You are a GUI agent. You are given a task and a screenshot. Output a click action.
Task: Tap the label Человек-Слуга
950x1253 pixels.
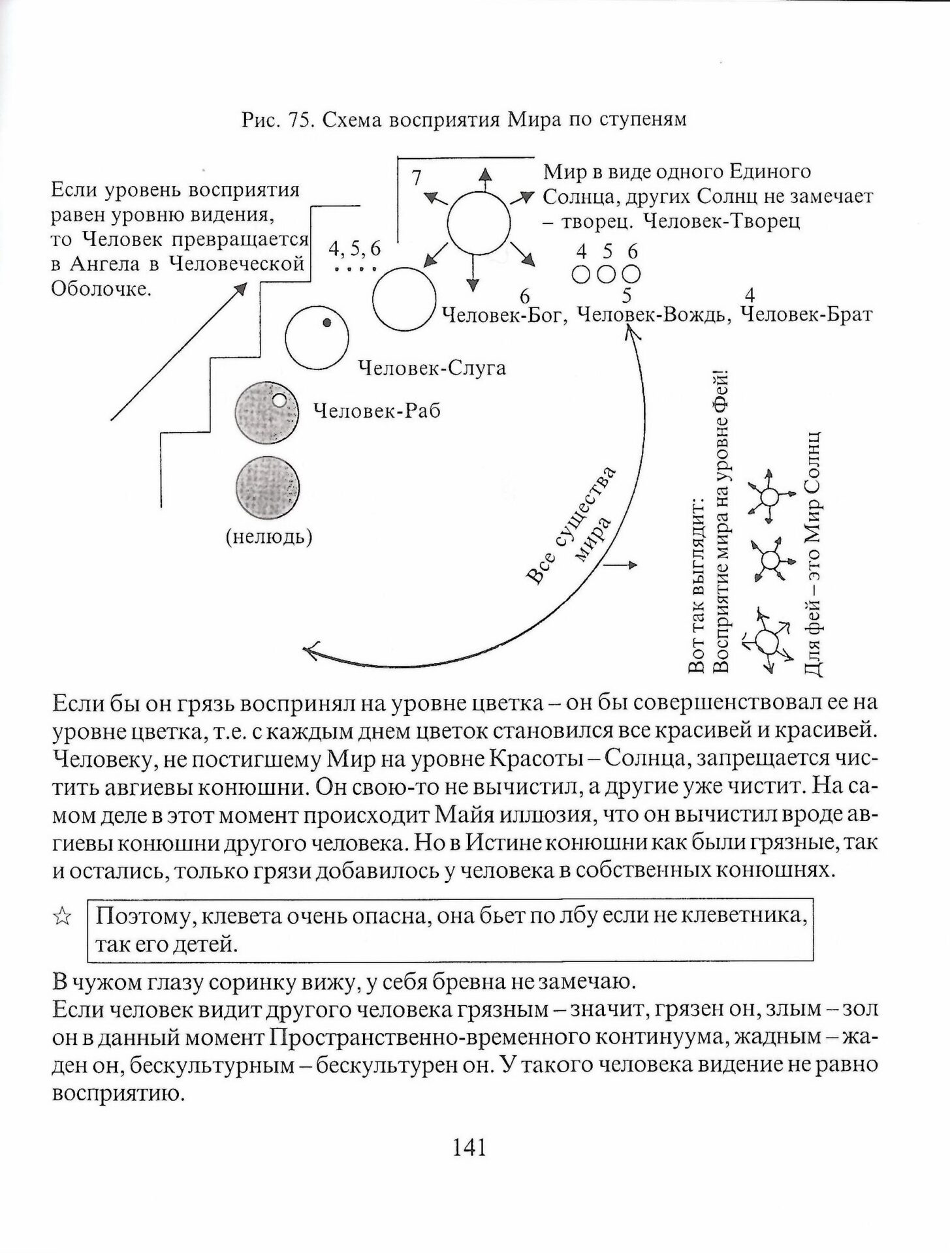pyautogui.click(x=432, y=368)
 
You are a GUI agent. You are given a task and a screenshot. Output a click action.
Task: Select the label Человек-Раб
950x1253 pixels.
pyautogui.click(x=377, y=410)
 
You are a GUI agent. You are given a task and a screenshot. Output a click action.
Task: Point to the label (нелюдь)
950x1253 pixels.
pyautogui.click(x=268, y=537)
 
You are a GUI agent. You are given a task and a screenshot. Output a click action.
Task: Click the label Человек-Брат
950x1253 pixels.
pyautogui.click(x=808, y=315)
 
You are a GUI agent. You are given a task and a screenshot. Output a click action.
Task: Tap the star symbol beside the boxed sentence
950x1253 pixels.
pyautogui.click(x=62, y=917)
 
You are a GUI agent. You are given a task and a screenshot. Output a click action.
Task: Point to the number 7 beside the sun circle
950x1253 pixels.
pyautogui.click(x=417, y=178)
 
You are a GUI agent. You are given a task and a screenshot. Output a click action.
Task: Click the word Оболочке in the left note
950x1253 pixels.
pyautogui.click(x=101, y=288)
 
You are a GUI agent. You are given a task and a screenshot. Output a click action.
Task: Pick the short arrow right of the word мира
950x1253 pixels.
pyautogui.click(x=620, y=566)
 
